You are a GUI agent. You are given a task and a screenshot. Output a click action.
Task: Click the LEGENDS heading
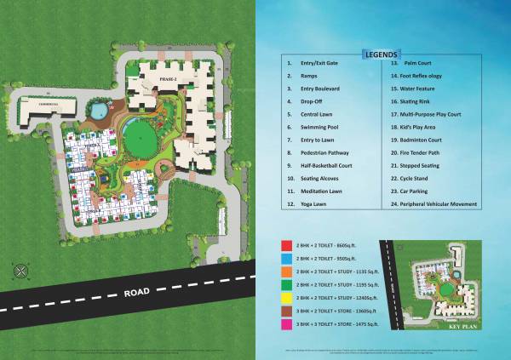click(380, 54)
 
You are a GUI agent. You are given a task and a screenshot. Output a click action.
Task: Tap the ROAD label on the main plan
click(137, 291)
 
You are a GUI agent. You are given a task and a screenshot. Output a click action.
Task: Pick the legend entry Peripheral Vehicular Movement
click(440, 203)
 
